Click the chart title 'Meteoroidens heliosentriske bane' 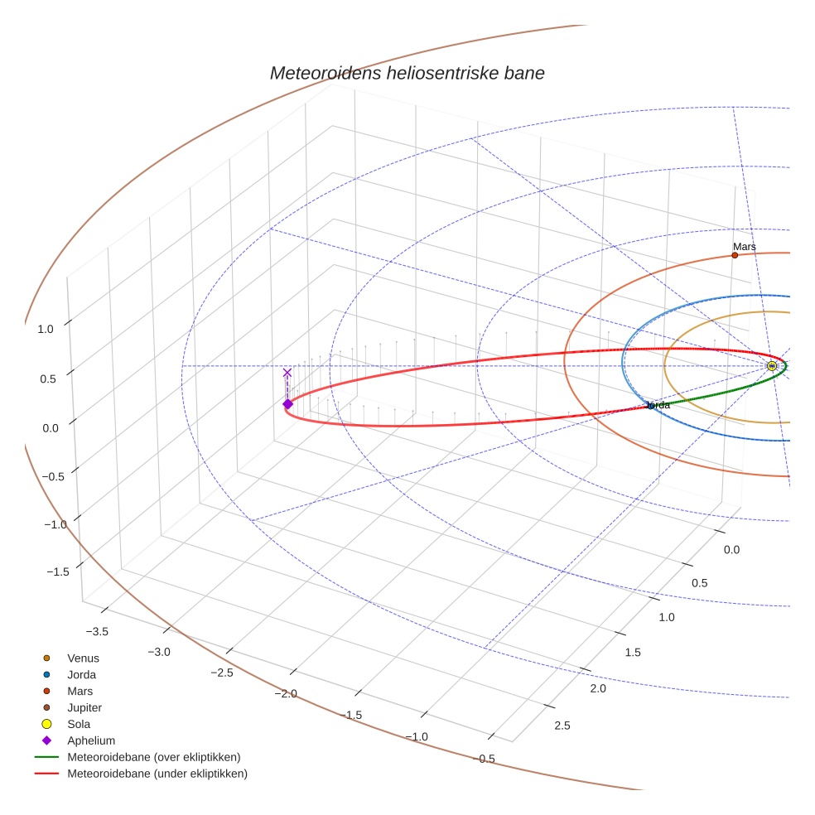tap(407, 73)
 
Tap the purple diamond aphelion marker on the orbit tap(287, 404)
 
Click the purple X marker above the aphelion tap(287, 373)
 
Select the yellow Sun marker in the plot tap(772, 366)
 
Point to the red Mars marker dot tap(735, 255)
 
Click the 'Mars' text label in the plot tap(745, 247)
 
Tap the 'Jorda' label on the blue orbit tap(658, 405)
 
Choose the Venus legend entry tap(83, 658)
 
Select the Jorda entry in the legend tap(81, 675)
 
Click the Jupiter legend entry tap(84, 708)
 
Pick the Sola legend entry tap(80, 725)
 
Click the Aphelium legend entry tap(91, 741)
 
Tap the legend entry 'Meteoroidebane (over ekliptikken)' tap(154, 757)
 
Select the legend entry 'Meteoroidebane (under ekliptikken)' tap(157, 774)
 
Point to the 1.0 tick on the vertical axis tap(45, 329)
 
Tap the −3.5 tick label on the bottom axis tap(97, 632)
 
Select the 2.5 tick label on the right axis tap(562, 726)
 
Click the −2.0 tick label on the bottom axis tap(284, 693)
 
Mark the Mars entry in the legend tap(80, 692)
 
